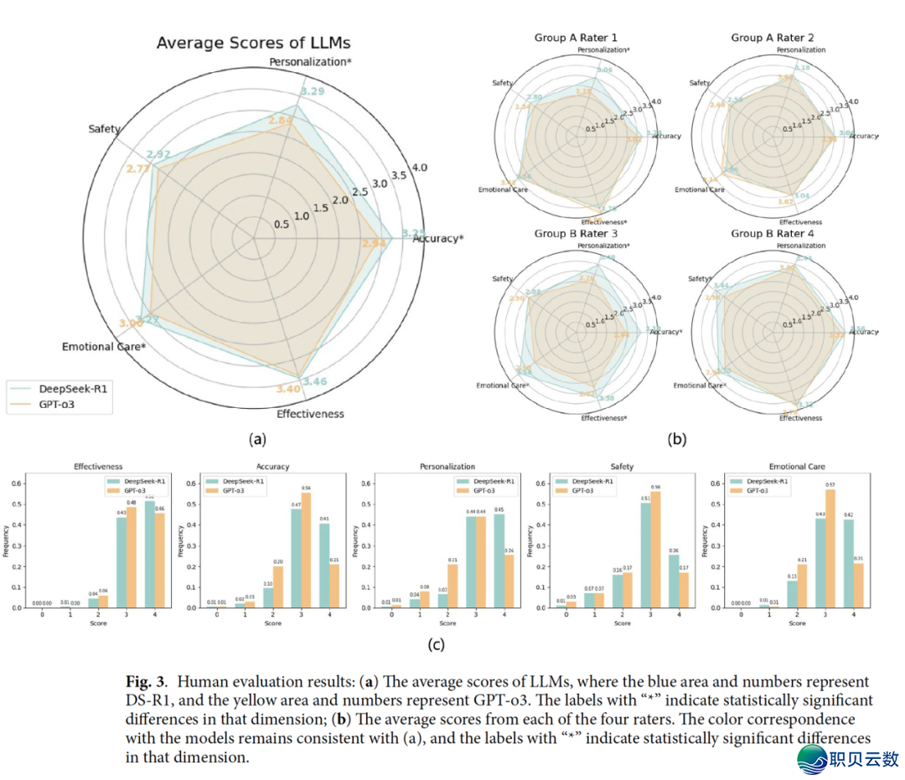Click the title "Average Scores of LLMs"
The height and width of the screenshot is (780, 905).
(x=252, y=43)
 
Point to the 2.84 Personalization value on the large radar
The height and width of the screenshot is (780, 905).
(x=281, y=122)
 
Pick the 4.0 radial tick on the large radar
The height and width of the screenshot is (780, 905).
(x=419, y=168)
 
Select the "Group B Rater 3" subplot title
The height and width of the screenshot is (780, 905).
(x=576, y=233)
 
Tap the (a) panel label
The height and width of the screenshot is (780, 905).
(x=256, y=437)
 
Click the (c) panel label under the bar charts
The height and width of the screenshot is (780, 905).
(x=435, y=644)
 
